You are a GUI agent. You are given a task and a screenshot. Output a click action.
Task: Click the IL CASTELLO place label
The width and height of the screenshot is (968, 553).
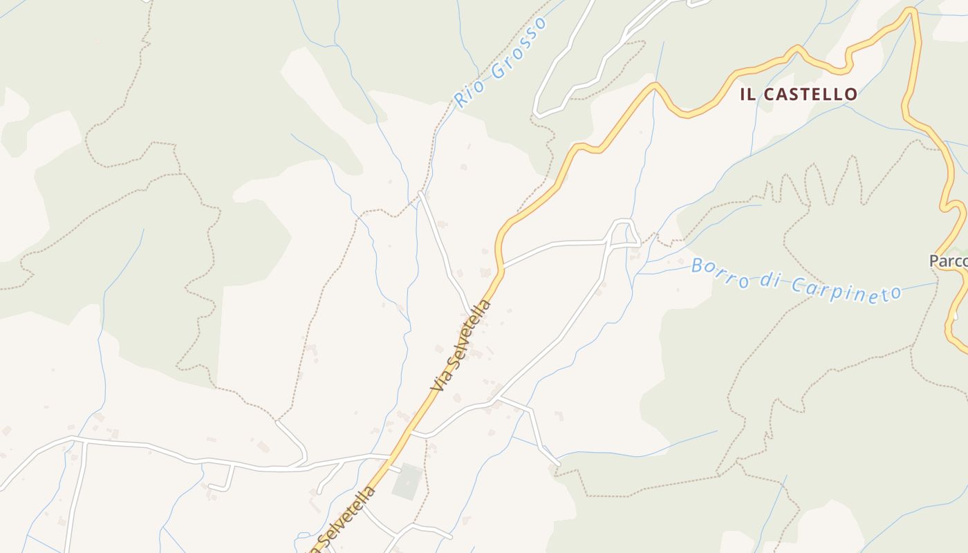pos(799,95)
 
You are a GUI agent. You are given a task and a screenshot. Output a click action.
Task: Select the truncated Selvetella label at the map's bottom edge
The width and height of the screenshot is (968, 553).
pos(348,517)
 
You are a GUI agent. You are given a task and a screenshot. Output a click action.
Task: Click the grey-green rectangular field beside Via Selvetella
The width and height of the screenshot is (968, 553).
pos(407,482)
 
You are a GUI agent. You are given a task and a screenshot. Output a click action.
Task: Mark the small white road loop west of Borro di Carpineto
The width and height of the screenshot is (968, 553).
pos(622,232)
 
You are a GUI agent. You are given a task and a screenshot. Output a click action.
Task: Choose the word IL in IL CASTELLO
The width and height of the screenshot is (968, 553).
pos(747,95)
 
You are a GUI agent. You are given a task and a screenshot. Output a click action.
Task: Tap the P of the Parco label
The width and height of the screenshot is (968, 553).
pos(934,261)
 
